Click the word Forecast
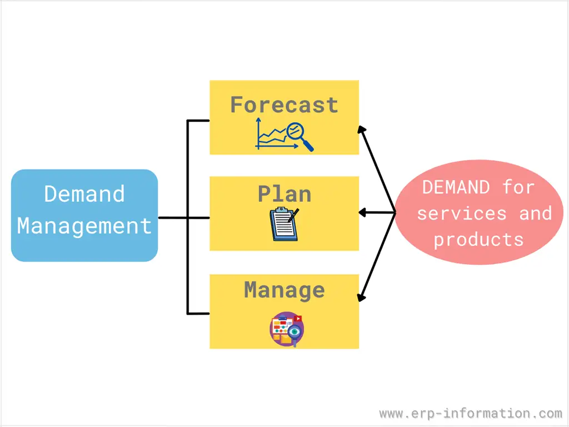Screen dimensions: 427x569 284,105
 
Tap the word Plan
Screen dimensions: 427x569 284,194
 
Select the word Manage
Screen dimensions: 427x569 284,290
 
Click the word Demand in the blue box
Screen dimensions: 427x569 84,194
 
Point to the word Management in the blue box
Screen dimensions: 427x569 84,226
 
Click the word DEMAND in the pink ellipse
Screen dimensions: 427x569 456,187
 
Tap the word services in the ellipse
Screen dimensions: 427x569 462,213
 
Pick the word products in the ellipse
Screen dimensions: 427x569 478,240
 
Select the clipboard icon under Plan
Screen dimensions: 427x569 283,225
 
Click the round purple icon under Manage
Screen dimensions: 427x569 286,329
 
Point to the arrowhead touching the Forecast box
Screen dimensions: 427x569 362,130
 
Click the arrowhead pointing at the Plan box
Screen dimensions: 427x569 362,212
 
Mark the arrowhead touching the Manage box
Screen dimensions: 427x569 362,297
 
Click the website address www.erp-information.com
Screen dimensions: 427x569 471,414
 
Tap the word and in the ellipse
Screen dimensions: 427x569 535,213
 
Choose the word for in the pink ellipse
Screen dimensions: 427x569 518,187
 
